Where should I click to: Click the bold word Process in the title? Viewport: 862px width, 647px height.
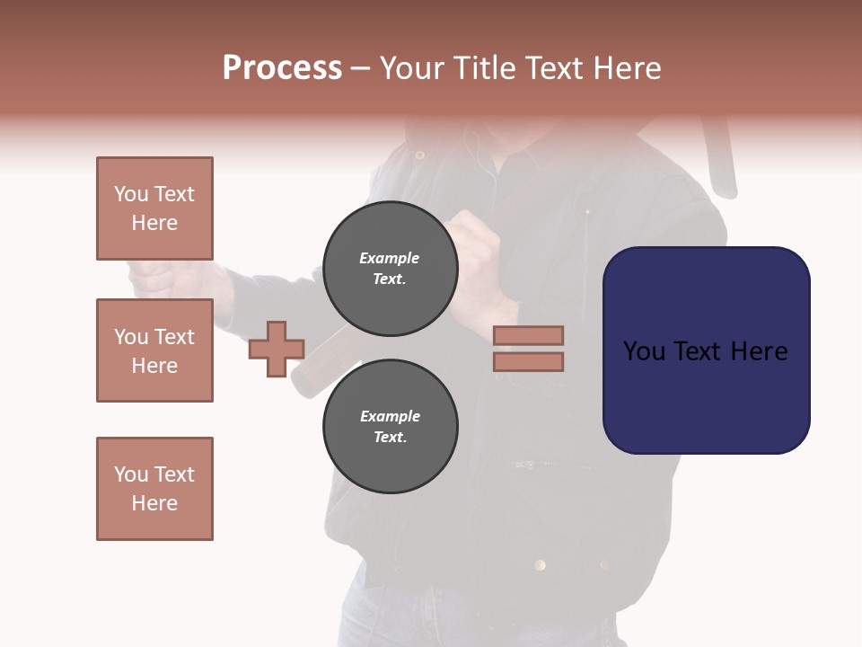point(282,68)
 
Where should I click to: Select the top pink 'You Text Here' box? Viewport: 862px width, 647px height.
point(154,208)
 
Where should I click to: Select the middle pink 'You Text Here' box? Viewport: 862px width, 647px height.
point(154,350)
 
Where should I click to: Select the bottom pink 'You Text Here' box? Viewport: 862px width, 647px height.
point(154,489)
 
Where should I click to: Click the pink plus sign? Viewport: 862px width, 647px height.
point(277,349)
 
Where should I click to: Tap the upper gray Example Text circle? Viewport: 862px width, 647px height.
point(390,268)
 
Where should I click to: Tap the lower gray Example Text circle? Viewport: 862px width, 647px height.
point(390,426)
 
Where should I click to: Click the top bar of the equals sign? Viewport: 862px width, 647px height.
point(528,335)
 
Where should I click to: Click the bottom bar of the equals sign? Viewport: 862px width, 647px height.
point(528,361)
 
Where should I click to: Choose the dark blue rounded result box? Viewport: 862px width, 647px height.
point(706,350)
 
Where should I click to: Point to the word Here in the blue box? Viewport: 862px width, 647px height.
point(759,351)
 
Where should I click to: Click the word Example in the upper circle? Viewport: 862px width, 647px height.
point(390,258)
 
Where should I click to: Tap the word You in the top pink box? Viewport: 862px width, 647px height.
point(131,194)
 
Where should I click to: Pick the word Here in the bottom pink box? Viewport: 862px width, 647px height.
point(154,503)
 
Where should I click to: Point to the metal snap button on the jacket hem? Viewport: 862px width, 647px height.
point(540,564)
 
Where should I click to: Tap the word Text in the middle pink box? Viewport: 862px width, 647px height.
point(173,337)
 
